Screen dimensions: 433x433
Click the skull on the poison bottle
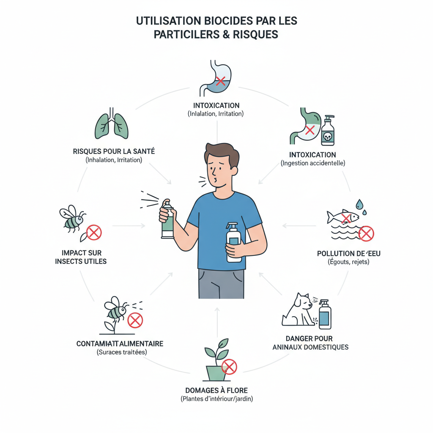[x=328, y=136]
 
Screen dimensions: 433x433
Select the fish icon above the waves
[x=343, y=217]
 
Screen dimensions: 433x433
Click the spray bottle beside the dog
[x=325, y=315]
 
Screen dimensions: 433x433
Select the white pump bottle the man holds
[x=233, y=242]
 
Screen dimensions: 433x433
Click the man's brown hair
[x=219, y=151]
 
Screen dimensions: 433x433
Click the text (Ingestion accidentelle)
[x=313, y=163]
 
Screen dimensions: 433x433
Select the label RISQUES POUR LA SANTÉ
[x=114, y=151]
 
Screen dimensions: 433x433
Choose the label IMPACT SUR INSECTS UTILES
[x=81, y=257]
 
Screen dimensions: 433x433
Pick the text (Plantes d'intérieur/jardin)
[x=216, y=399]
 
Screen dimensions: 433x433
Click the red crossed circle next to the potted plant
[x=229, y=367]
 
